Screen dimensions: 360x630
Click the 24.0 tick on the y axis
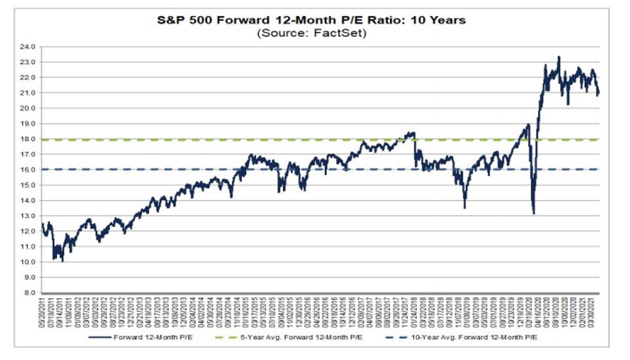pyautogui.click(x=30, y=46)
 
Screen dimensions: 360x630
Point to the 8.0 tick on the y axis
pyautogui.click(x=32, y=293)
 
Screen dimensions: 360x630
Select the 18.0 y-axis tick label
pyautogui.click(x=30, y=139)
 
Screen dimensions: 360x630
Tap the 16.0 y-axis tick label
pyautogui.click(x=30, y=170)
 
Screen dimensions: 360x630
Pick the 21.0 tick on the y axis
pyautogui.click(x=30, y=93)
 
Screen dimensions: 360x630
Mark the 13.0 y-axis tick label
pyautogui.click(x=30, y=216)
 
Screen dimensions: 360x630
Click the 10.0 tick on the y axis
pyautogui.click(x=30, y=262)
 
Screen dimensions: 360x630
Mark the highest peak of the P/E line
pyautogui.click(x=558, y=57)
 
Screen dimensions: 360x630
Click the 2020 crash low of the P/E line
pyautogui.click(x=533, y=213)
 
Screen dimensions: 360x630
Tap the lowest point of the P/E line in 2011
pyautogui.click(x=62, y=261)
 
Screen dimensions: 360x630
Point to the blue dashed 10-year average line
pyautogui.click(x=197, y=170)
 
